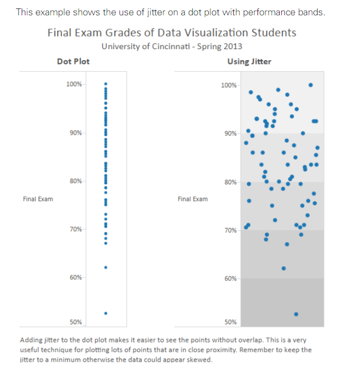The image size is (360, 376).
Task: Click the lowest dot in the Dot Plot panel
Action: (106, 313)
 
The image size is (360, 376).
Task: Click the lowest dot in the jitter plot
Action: (296, 314)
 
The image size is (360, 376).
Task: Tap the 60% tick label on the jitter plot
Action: (230, 278)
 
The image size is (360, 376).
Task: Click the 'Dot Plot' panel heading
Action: (73, 61)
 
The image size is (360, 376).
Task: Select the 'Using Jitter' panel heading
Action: (249, 61)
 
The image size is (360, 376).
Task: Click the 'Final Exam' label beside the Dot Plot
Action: (38, 199)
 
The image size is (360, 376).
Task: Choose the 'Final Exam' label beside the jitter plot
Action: (192, 199)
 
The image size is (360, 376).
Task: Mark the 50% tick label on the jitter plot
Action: (230, 322)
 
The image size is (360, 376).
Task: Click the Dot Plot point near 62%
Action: (106, 267)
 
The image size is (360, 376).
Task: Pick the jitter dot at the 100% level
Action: (310, 84)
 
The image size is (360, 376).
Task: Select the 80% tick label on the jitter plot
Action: (230, 182)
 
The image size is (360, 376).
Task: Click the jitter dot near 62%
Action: (283, 268)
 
